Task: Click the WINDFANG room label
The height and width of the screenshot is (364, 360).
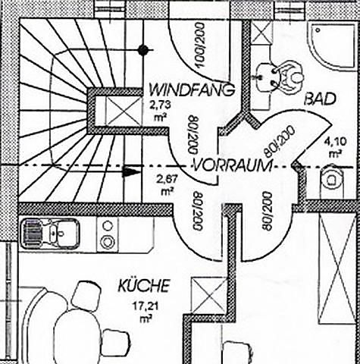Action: pos(192,89)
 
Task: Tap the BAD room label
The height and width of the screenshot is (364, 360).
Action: pos(321,99)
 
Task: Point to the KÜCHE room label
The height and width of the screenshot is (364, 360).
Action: pos(144,286)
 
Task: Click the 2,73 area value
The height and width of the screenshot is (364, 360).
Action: pos(160,105)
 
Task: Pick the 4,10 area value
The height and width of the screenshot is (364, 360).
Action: pos(336,142)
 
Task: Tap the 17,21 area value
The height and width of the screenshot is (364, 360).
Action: pos(146,306)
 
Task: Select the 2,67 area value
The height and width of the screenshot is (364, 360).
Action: pos(167,180)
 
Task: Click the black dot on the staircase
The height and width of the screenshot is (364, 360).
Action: pos(143,50)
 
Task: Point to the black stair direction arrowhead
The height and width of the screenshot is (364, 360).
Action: pos(131,172)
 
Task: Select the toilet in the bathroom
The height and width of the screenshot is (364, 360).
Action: pos(332,180)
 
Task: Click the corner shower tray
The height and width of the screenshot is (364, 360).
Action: pos(332,46)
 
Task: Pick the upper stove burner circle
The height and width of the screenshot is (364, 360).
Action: pos(108,226)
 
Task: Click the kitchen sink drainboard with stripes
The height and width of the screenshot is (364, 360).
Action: pos(33,234)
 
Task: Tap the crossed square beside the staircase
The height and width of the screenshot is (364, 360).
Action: pos(124,111)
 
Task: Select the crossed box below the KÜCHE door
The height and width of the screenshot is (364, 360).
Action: pos(209,295)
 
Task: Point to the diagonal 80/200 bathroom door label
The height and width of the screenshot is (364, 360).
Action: pos(279,141)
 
